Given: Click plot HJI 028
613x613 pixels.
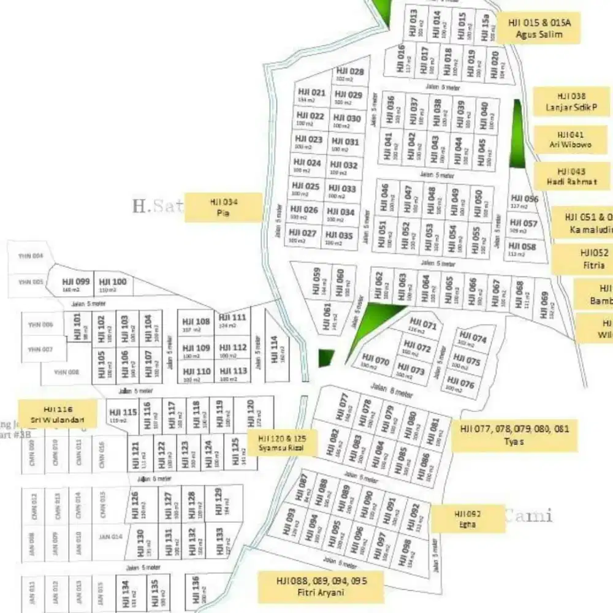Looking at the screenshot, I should [350, 75].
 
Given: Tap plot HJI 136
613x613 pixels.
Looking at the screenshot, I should [195, 588].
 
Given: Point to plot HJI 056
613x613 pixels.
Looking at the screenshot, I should [524, 202].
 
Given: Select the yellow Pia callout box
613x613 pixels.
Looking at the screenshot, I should [223, 207].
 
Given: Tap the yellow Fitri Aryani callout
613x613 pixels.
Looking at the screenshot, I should [321, 587].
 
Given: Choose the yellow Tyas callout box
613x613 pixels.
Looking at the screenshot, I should [514, 435].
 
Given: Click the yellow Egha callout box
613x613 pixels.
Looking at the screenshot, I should [468, 519].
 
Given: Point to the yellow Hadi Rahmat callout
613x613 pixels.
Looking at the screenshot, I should [571, 177].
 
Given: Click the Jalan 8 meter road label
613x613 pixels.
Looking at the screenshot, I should [392, 390].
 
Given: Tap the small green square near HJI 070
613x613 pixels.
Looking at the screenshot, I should [326, 359].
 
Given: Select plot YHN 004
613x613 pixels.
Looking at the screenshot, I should [30, 256].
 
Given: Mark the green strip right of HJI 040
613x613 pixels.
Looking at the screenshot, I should [519, 135].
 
